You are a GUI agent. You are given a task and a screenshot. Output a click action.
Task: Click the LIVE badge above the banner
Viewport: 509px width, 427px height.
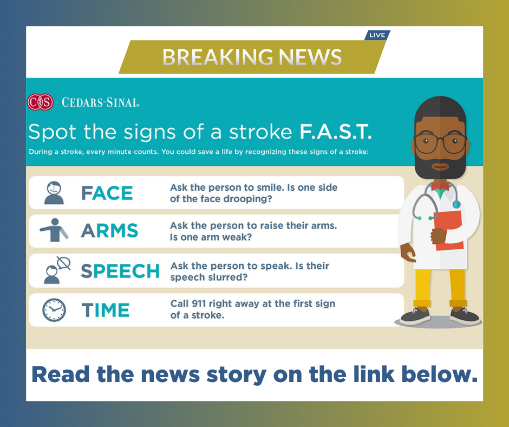[377, 35]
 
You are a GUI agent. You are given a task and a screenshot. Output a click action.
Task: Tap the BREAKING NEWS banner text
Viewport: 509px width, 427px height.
[252, 57]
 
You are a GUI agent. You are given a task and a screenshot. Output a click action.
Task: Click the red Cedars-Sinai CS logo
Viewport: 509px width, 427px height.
[40, 102]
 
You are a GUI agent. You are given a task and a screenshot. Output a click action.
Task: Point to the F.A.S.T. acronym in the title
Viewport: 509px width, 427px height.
[335, 132]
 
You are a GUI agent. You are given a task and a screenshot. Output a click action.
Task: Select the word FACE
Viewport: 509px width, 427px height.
[107, 193]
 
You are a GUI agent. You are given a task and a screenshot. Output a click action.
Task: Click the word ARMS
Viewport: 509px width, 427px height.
[109, 231]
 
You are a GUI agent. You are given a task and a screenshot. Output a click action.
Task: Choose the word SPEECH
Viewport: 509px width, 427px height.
[120, 271]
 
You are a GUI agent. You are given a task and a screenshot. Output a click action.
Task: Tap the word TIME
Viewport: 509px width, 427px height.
[106, 310]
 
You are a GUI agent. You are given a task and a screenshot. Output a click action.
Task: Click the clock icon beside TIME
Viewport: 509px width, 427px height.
[54, 310]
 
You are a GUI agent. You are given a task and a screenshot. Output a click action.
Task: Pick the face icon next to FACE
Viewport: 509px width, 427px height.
[54, 193]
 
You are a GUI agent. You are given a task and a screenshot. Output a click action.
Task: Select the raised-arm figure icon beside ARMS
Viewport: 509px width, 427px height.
[54, 230]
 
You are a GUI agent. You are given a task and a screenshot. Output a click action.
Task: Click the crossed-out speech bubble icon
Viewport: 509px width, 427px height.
[64, 263]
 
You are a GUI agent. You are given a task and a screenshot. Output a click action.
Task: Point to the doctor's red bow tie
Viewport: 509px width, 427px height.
[440, 186]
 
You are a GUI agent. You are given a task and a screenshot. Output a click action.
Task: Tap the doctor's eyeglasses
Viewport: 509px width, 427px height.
[440, 143]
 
